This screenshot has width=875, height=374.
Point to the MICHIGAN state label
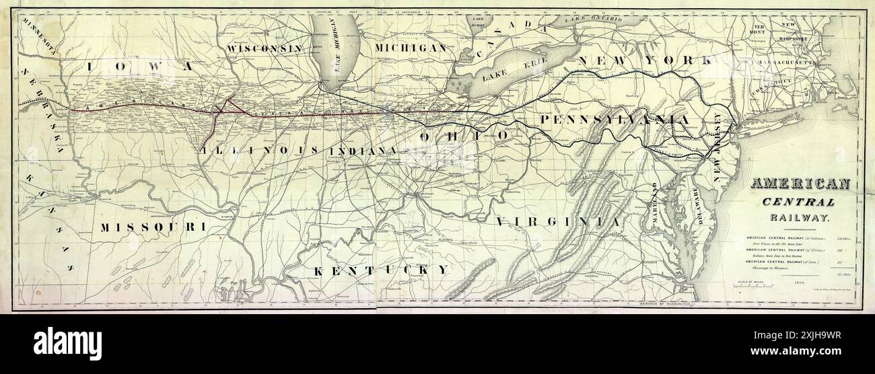pyautogui.click(x=411, y=48)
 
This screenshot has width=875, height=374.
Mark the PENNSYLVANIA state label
pyautogui.click(x=615, y=119)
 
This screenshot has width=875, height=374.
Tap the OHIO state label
pyautogui.click(x=464, y=136)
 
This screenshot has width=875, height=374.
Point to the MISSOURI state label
pyautogui.click(x=153, y=227)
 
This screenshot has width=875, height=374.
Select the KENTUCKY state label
pyautogui.click(x=382, y=270)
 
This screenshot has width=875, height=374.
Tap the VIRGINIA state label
pyautogui.click(x=557, y=221)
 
